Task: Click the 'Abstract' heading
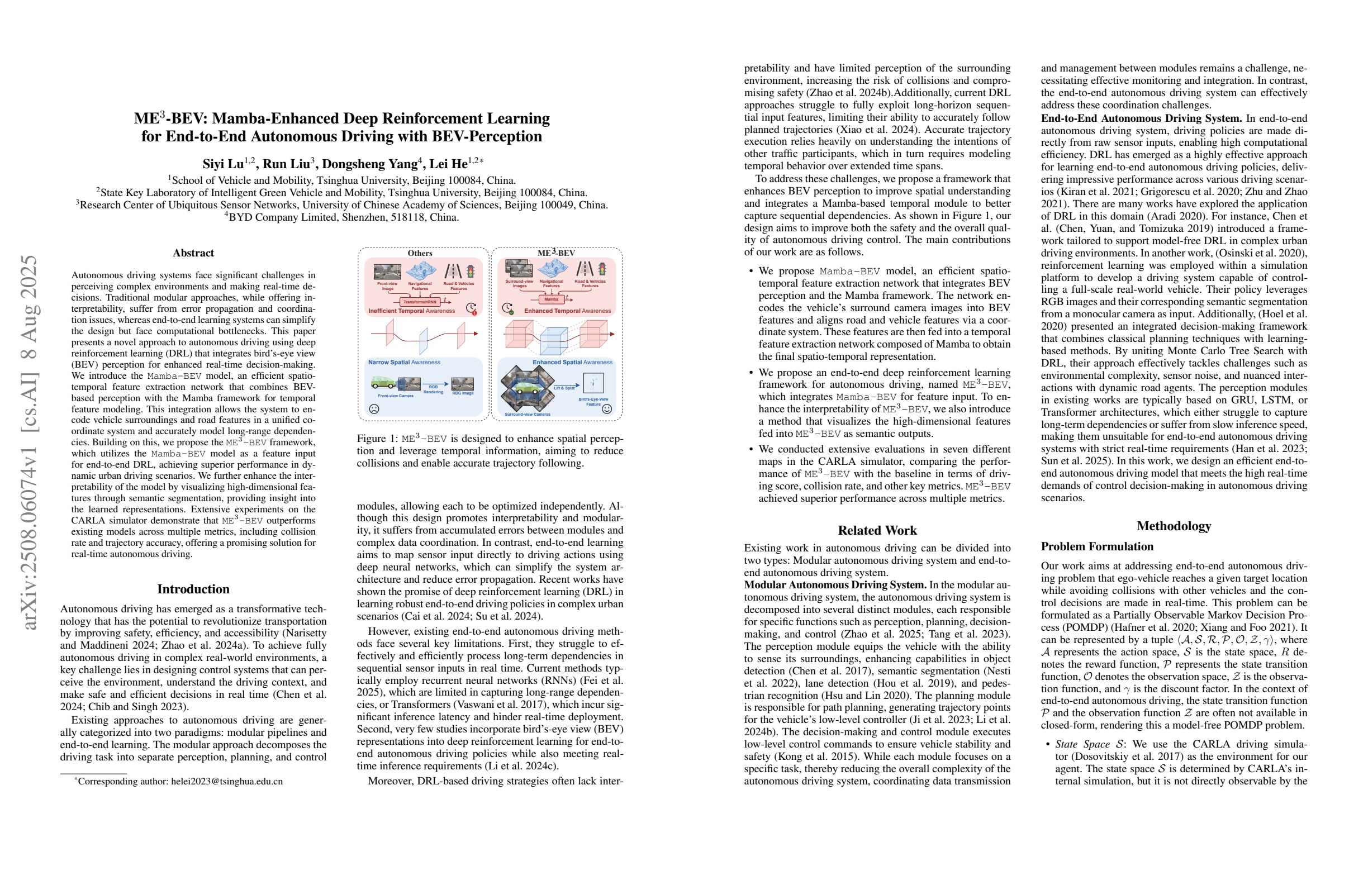point(193,253)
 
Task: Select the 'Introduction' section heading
point(193,589)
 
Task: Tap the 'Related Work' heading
point(877,530)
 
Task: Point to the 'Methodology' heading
point(1174,526)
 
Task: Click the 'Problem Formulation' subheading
point(1098,546)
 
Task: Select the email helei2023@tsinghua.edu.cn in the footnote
point(226,782)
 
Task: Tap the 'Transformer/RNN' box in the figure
point(421,302)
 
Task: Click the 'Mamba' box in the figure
point(551,299)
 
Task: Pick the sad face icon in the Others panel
point(374,409)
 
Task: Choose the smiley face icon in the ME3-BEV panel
point(606,409)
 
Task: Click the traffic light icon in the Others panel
point(471,270)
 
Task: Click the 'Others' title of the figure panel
point(420,253)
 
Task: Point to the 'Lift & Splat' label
point(564,388)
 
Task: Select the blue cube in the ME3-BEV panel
point(554,341)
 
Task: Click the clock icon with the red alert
point(471,308)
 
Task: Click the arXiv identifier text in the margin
point(28,442)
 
